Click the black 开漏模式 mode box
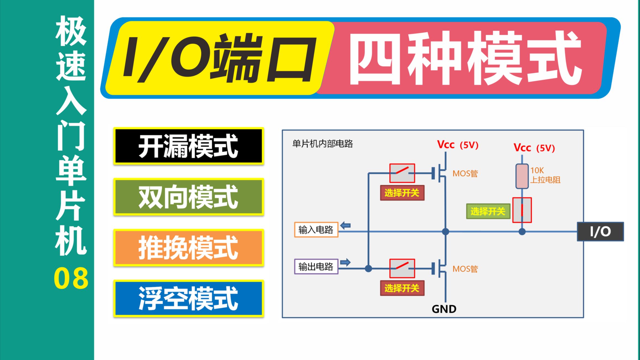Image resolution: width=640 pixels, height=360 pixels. [x=189, y=146]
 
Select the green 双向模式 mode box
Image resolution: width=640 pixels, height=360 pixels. [x=189, y=197]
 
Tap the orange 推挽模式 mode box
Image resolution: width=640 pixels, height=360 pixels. [x=189, y=248]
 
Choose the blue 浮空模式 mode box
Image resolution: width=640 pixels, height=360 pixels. [x=189, y=298]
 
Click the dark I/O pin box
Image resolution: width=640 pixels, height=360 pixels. [x=600, y=232]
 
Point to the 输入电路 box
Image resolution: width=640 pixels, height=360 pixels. [x=316, y=230]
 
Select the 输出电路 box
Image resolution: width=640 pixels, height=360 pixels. [x=316, y=267]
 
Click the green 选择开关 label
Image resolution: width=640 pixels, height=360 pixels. [x=488, y=212]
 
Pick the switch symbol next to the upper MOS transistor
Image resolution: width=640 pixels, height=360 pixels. [x=402, y=173]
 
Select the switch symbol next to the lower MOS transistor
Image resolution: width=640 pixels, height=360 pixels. [x=402, y=268]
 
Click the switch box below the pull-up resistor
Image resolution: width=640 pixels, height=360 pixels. [x=522, y=210]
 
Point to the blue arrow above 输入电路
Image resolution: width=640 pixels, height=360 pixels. [x=345, y=226]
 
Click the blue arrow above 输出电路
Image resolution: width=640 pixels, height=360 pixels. [x=345, y=262]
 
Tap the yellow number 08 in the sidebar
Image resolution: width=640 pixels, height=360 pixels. [x=71, y=278]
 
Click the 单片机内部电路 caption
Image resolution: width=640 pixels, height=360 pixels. [x=322, y=144]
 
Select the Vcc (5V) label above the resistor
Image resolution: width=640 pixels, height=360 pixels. [x=534, y=148]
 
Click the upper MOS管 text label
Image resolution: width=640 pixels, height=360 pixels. [x=465, y=174]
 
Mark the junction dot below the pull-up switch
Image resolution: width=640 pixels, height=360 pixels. [x=522, y=232]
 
